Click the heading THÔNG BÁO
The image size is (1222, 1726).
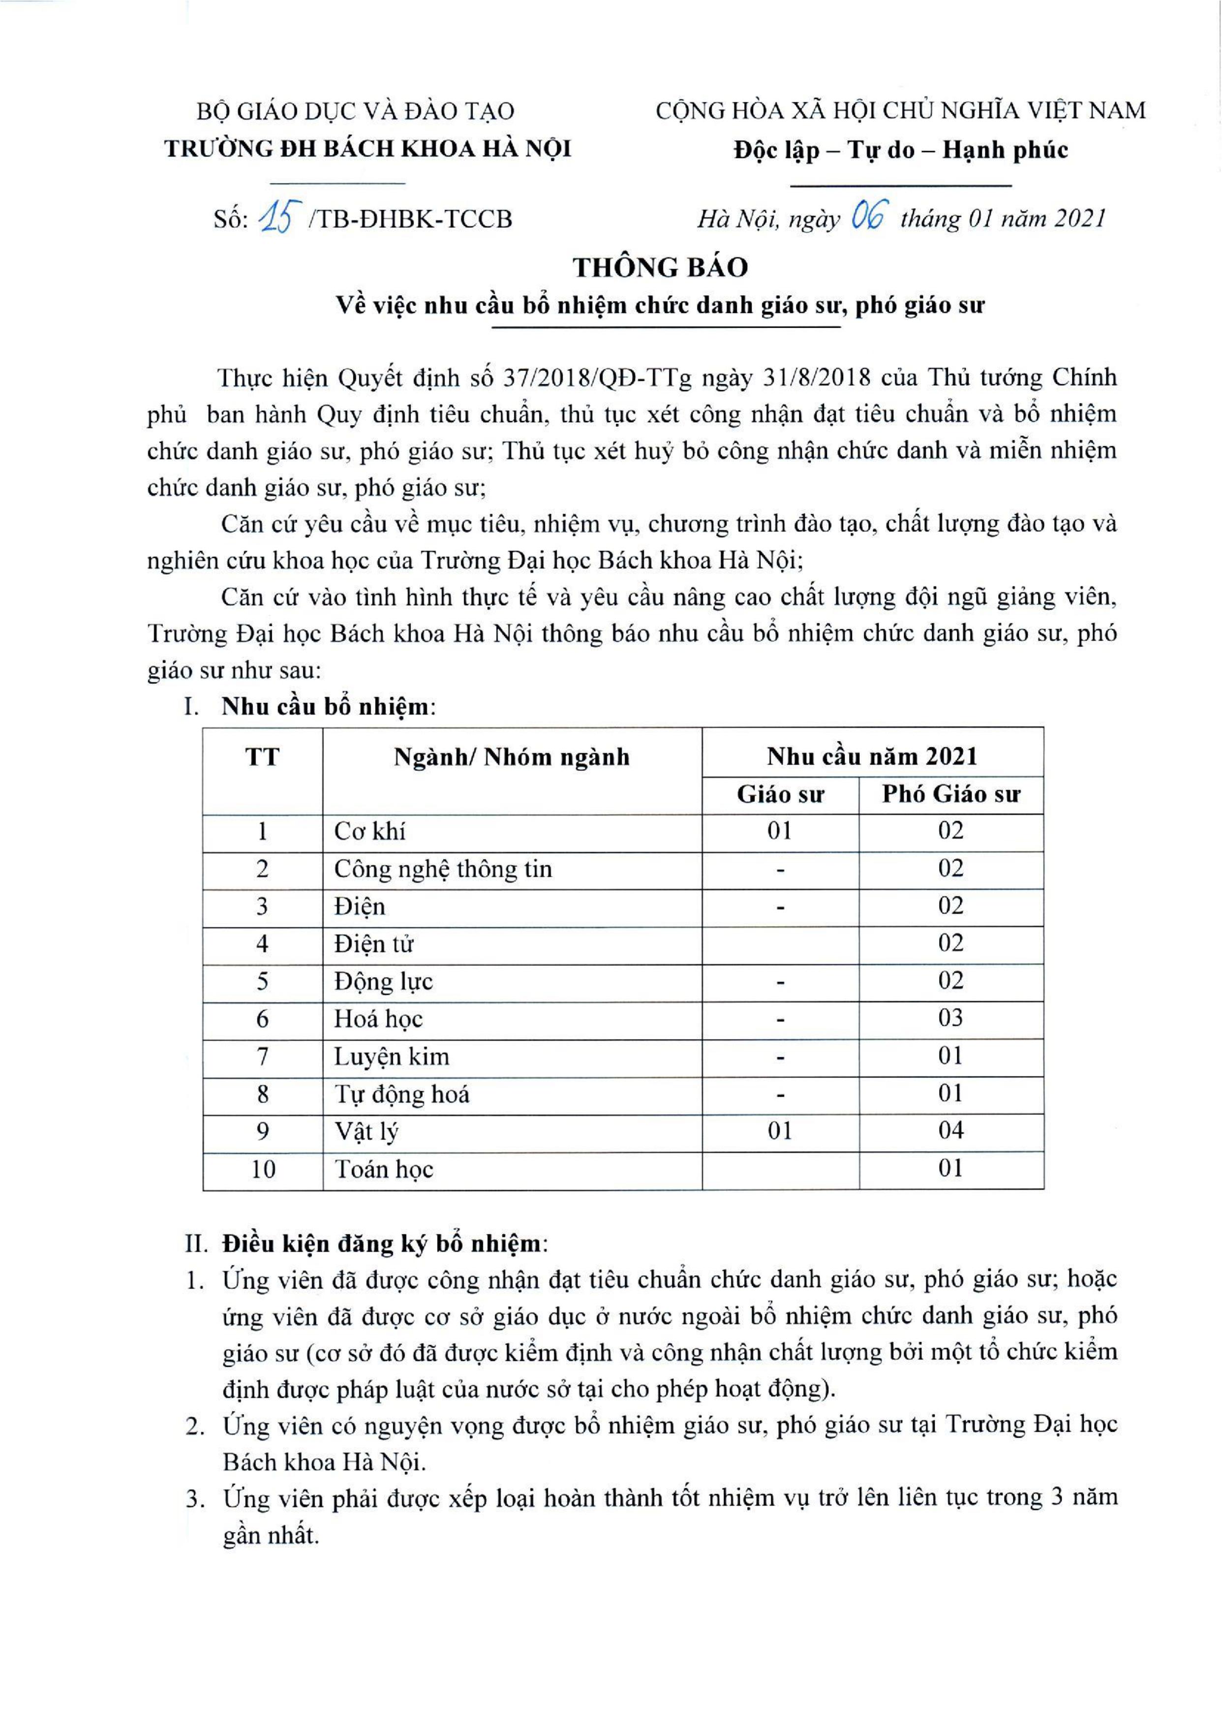(x=661, y=267)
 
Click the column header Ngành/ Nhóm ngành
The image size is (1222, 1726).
(x=512, y=757)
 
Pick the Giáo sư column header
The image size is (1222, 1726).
(x=780, y=794)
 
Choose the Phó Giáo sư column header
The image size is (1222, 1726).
(x=951, y=794)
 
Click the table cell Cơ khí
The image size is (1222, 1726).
(x=370, y=831)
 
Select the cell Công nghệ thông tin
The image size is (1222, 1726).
(x=443, y=869)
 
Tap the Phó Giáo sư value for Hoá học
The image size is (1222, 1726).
(x=950, y=1018)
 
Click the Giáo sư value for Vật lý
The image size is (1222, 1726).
(x=780, y=1131)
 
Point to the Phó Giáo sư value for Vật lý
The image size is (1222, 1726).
(x=950, y=1130)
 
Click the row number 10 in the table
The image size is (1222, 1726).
(x=263, y=1169)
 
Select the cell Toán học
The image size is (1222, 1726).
(x=384, y=1169)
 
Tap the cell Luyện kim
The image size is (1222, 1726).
(x=391, y=1057)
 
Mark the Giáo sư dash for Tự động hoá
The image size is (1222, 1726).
(x=780, y=1093)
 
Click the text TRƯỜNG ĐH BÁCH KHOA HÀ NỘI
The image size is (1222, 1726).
(x=368, y=148)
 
